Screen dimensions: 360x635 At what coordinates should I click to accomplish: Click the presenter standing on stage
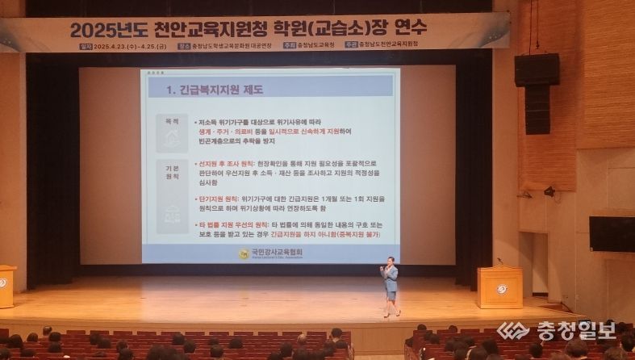390,285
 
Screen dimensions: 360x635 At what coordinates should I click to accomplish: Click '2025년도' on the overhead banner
108,31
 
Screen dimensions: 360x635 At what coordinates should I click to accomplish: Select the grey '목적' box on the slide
172,132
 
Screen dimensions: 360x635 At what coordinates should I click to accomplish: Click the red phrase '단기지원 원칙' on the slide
218,198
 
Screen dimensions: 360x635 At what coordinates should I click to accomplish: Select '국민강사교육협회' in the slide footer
274,252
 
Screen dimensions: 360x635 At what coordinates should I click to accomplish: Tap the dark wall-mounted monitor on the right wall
612,233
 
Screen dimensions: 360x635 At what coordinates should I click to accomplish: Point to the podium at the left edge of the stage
6,285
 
